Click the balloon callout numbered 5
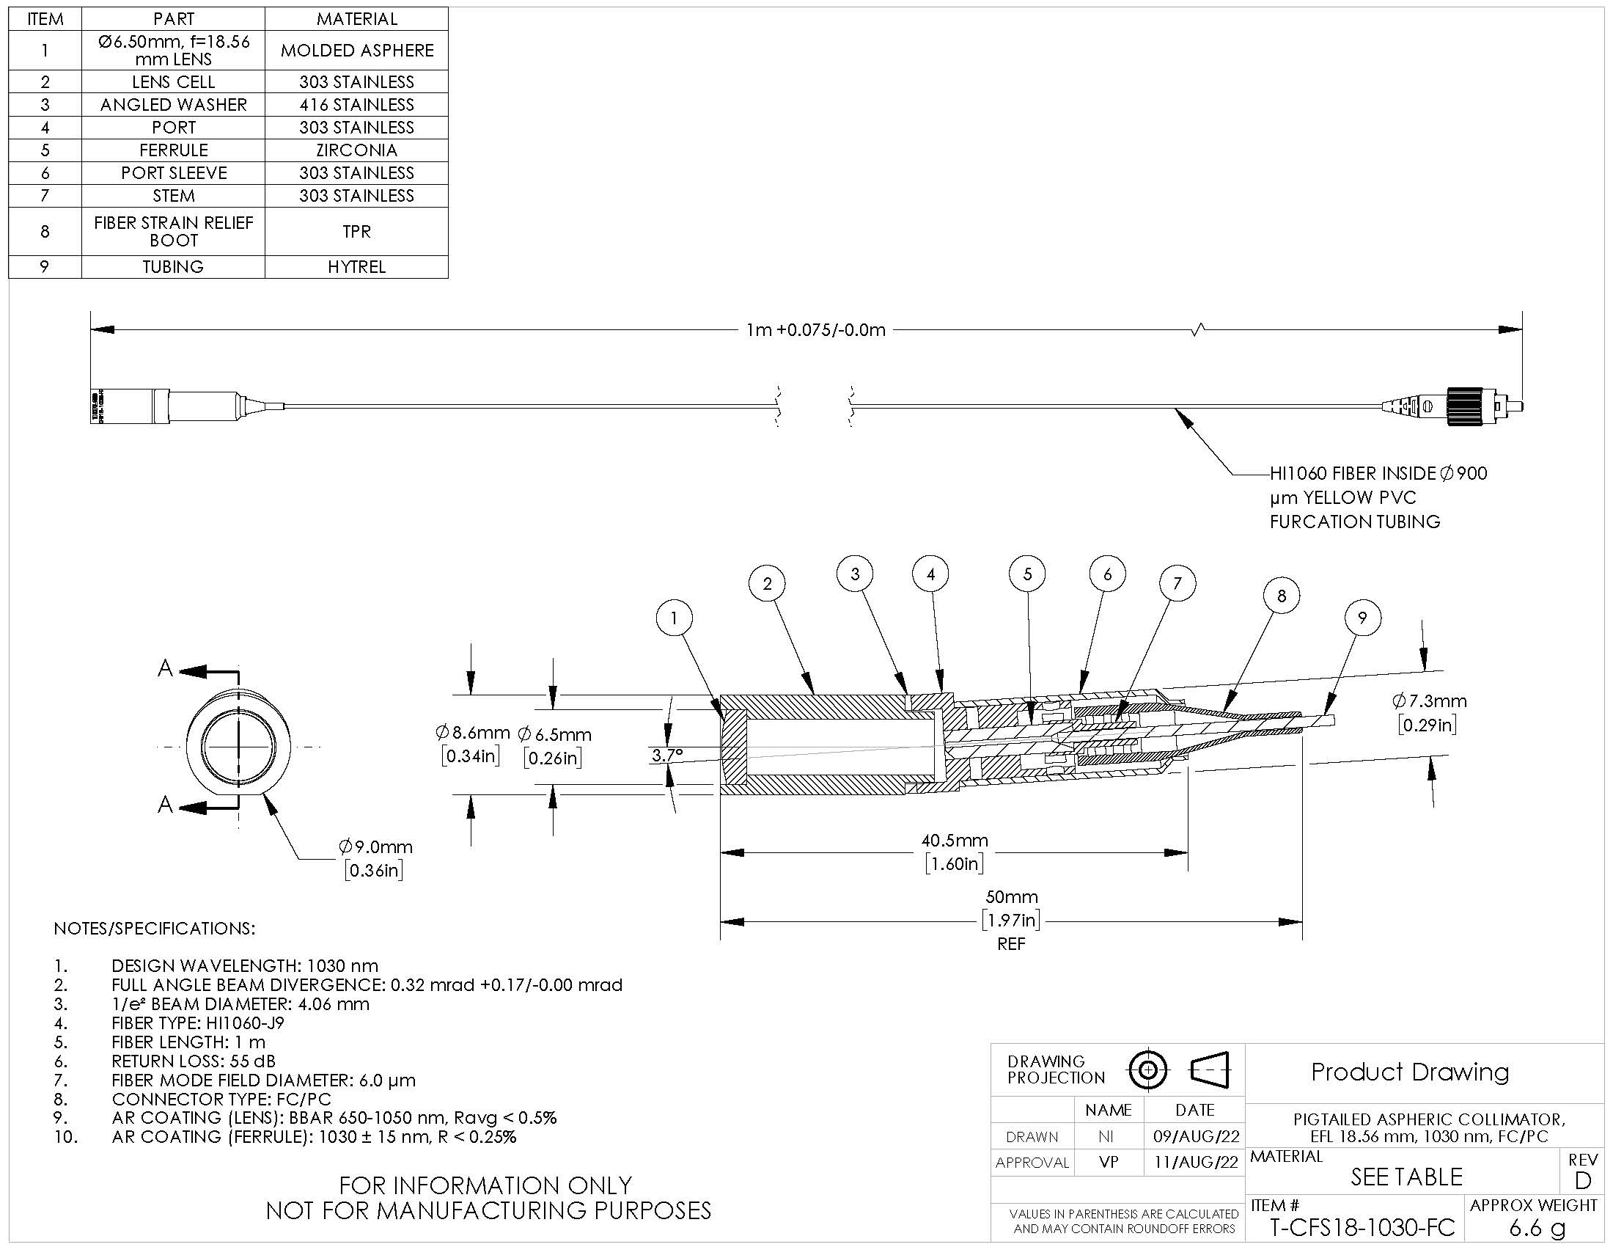point(1027,574)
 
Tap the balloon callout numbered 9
point(1362,618)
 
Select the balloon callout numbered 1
point(674,618)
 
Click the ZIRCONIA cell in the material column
point(357,150)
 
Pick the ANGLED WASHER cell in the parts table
point(174,104)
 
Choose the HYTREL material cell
point(357,267)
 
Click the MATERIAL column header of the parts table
point(357,18)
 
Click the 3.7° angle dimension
point(667,755)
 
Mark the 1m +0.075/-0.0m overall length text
point(815,329)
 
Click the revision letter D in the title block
point(1583,1180)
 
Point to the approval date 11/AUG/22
point(1196,1163)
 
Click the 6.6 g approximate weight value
point(1537,1228)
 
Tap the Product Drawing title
point(1410,1072)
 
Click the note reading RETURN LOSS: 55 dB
point(194,1061)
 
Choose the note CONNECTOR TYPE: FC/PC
point(221,1100)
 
